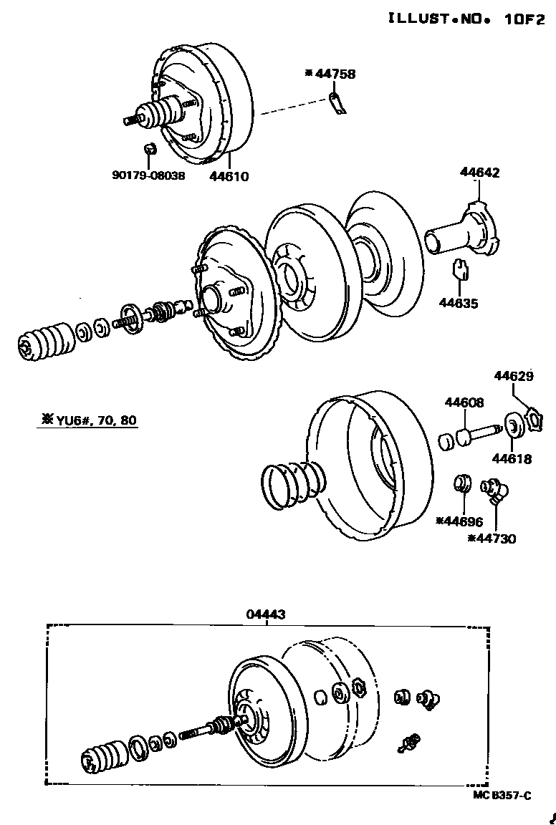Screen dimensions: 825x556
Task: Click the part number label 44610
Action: click(229, 175)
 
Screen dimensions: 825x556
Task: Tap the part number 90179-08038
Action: click(148, 175)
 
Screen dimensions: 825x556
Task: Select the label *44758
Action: click(330, 73)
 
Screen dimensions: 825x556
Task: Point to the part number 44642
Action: click(480, 173)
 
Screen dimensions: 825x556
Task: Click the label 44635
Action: click(459, 303)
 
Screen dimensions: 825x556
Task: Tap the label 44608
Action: click(464, 404)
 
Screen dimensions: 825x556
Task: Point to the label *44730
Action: click(492, 539)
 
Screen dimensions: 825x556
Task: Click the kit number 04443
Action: click(266, 614)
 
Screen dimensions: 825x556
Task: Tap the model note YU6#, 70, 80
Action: click(87, 420)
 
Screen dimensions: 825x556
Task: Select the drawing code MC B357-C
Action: click(502, 796)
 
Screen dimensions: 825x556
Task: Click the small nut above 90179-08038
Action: click(149, 150)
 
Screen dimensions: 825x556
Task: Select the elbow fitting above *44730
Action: click(494, 492)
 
